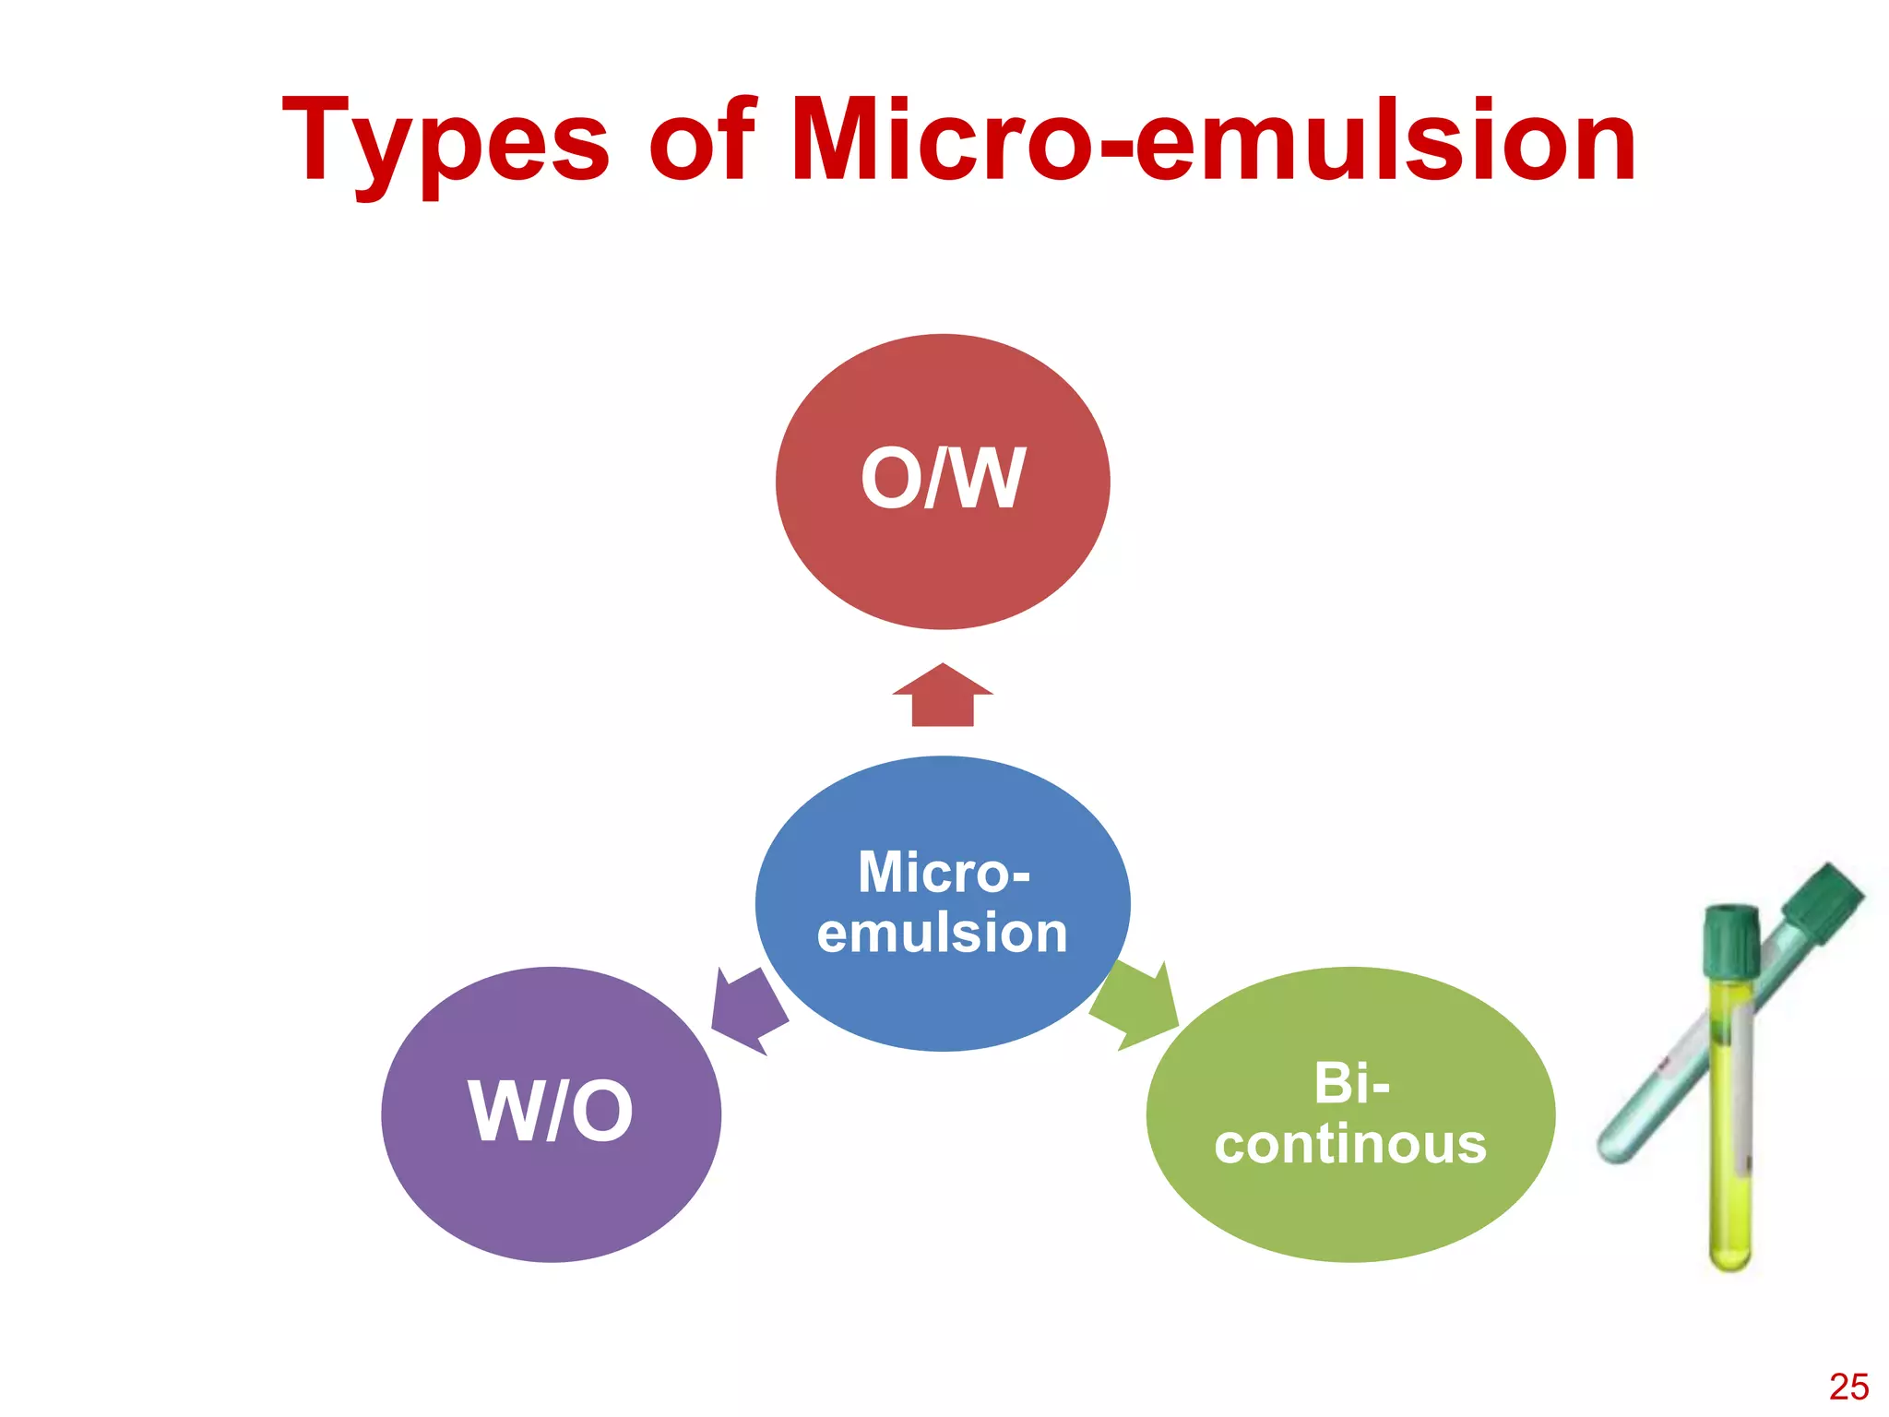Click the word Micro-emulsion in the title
(x=1213, y=140)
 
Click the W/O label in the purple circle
(x=551, y=1112)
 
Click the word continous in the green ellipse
(x=1350, y=1144)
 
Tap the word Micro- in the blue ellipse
(x=944, y=872)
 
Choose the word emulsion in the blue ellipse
(x=942, y=933)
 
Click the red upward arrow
(x=942, y=697)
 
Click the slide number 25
(x=1847, y=1387)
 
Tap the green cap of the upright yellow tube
(x=1730, y=941)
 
